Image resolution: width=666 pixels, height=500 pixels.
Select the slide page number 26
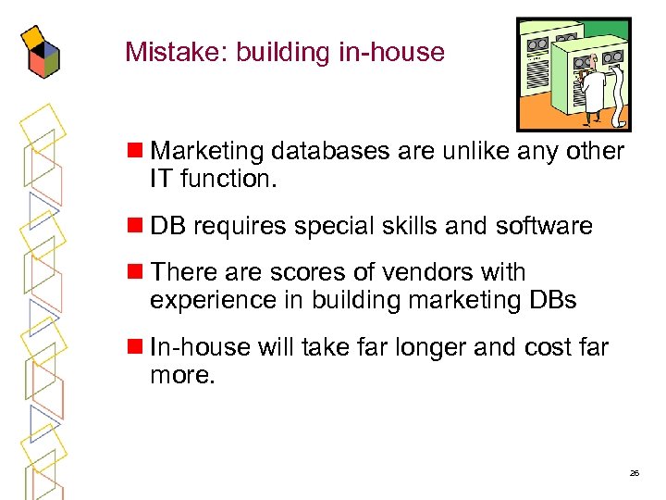pyautogui.click(x=634, y=473)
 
